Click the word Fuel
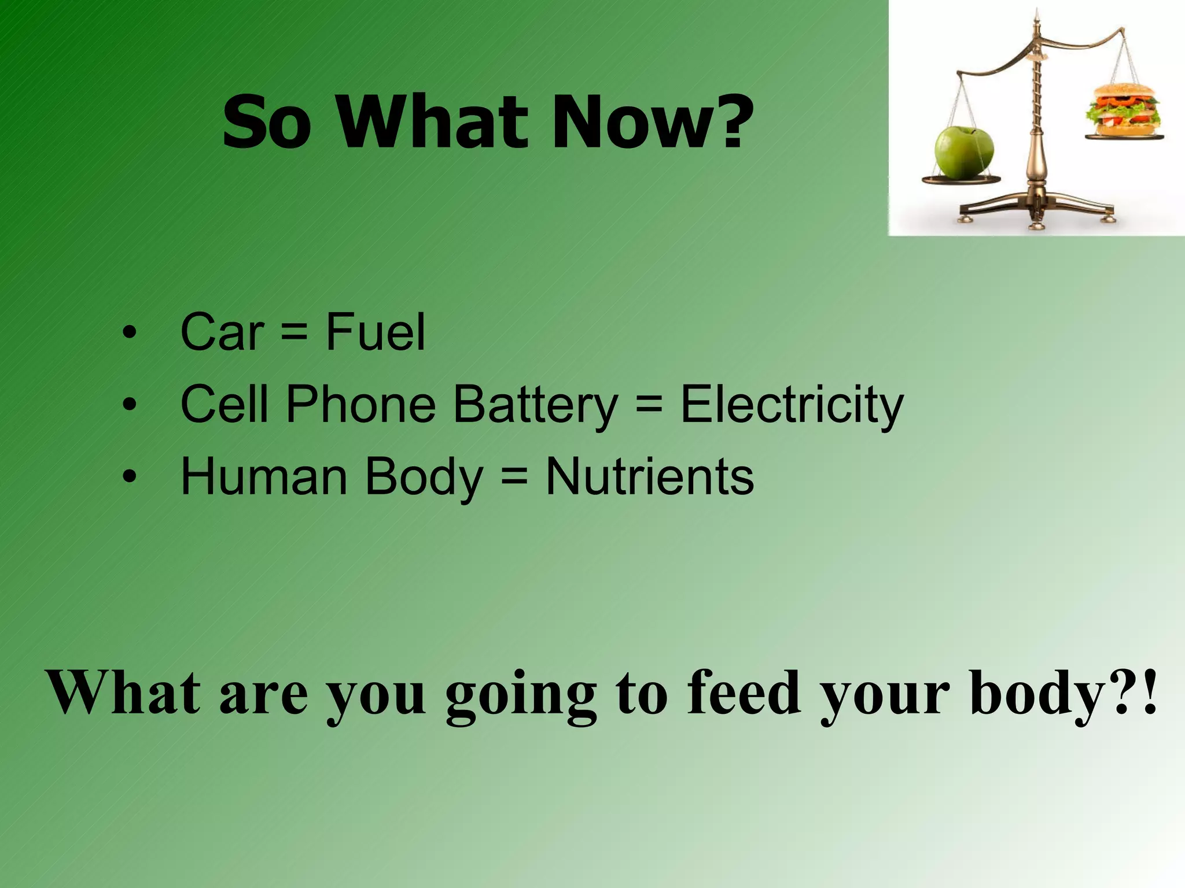coord(375,332)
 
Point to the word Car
coord(222,333)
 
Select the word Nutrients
coord(649,478)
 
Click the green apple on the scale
coord(963,153)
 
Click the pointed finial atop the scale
coord(1037,17)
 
